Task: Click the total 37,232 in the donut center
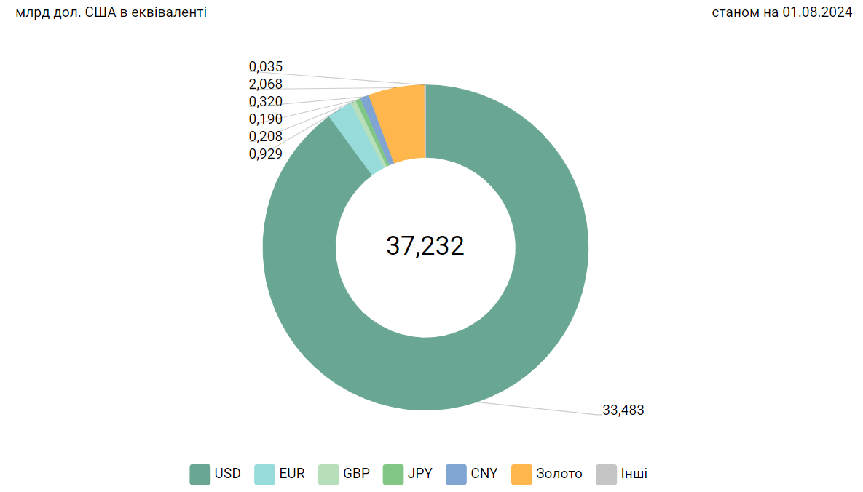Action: click(x=425, y=246)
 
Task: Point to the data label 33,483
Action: click(x=623, y=410)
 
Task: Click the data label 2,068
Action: click(x=265, y=84)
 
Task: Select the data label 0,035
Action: click(x=265, y=67)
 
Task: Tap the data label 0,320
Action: click(x=265, y=102)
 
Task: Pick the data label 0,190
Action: click(x=265, y=119)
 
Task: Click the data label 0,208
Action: click(x=265, y=136)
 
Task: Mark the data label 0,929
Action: click(x=265, y=154)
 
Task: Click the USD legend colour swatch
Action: click(x=200, y=474)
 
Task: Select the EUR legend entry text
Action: click(x=292, y=474)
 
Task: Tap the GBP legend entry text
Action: click(x=356, y=474)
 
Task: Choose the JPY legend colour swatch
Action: click(x=393, y=474)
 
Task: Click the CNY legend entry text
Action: click(x=484, y=474)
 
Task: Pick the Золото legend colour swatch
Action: click(x=522, y=474)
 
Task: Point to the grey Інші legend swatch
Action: click(x=606, y=474)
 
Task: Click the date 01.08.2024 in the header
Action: click(x=817, y=12)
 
